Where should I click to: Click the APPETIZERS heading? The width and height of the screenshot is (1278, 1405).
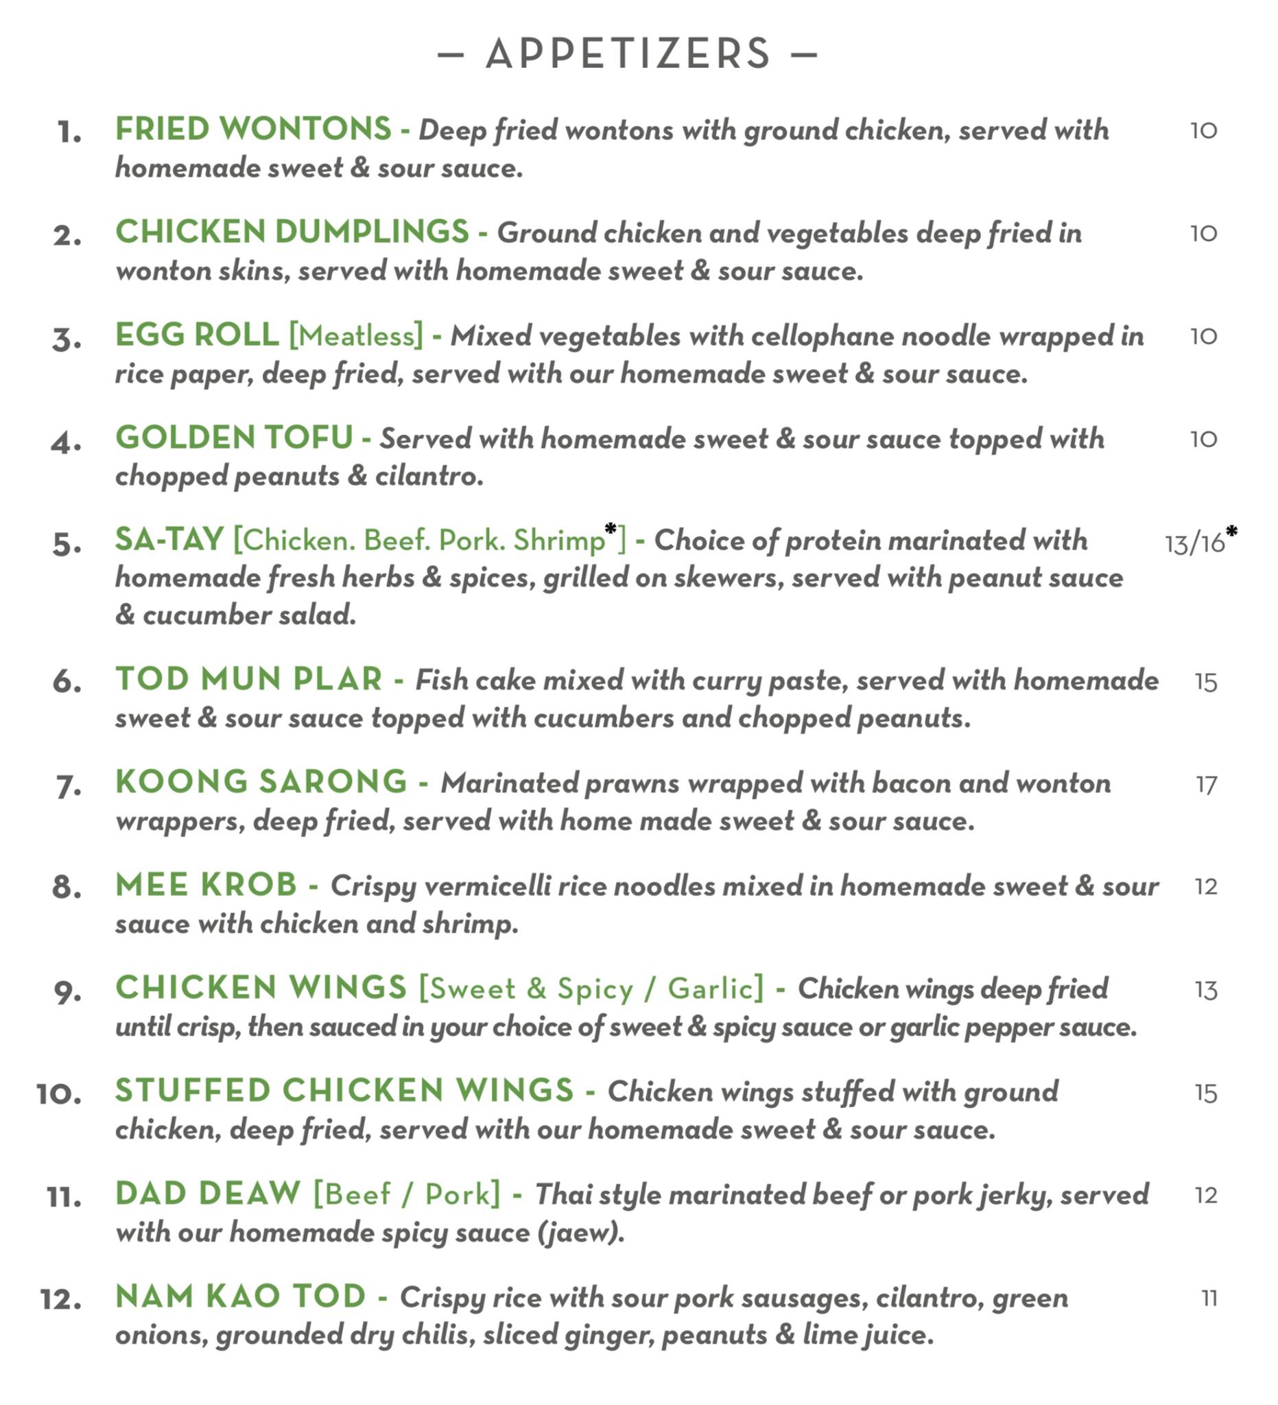(x=628, y=54)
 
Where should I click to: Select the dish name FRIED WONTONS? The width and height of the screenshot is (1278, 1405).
(x=253, y=129)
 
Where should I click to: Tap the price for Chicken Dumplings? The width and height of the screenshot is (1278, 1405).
(x=1203, y=233)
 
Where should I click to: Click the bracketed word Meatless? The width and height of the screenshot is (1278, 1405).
(x=356, y=337)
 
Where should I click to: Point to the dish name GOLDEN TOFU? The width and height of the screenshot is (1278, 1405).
(x=234, y=438)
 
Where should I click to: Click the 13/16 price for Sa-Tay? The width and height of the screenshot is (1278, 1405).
(x=1194, y=543)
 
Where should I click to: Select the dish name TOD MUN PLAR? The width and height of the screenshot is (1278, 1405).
(x=249, y=679)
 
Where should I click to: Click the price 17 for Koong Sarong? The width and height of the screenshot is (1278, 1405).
(x=1206, y=786)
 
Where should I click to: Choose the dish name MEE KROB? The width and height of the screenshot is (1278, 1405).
(x=206, y=886)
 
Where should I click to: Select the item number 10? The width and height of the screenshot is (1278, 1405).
(x=59, y=1094)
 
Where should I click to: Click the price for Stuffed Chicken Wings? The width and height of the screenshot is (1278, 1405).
(x=1206, y=1094)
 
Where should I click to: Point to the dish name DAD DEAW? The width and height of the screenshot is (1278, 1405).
(x=208, y=1194)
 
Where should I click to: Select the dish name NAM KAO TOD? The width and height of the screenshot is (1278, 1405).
(x=240, y=1297)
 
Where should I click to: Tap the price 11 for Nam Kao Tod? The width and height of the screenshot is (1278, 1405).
(x=1209, y=1299)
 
